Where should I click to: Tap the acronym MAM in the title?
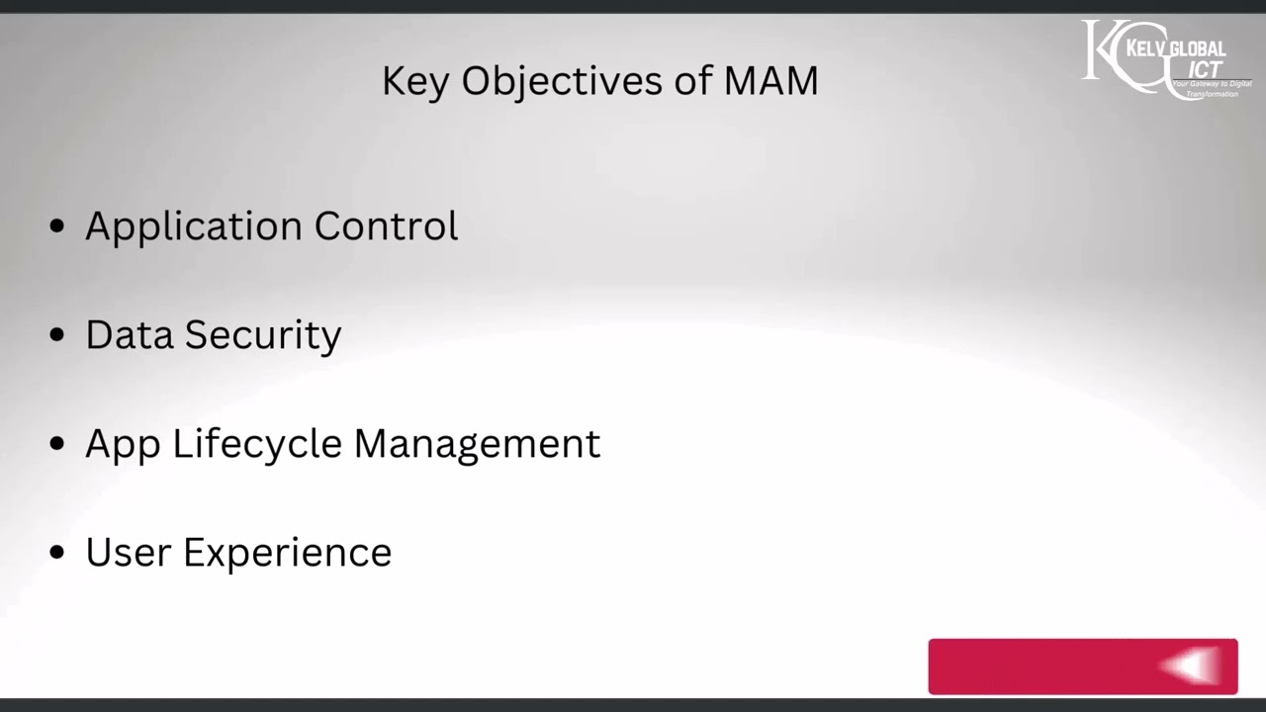click(770, 81)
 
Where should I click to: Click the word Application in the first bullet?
click(194, 226)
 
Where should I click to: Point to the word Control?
click(386, 225)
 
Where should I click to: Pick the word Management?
click(477, 444)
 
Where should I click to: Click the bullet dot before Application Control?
click(57, 226)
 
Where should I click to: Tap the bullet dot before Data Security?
click(57, 335)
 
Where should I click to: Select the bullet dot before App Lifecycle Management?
click(57, 444)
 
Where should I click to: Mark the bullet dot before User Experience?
click(57, 552)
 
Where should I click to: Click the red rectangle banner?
click(1048, 667)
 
